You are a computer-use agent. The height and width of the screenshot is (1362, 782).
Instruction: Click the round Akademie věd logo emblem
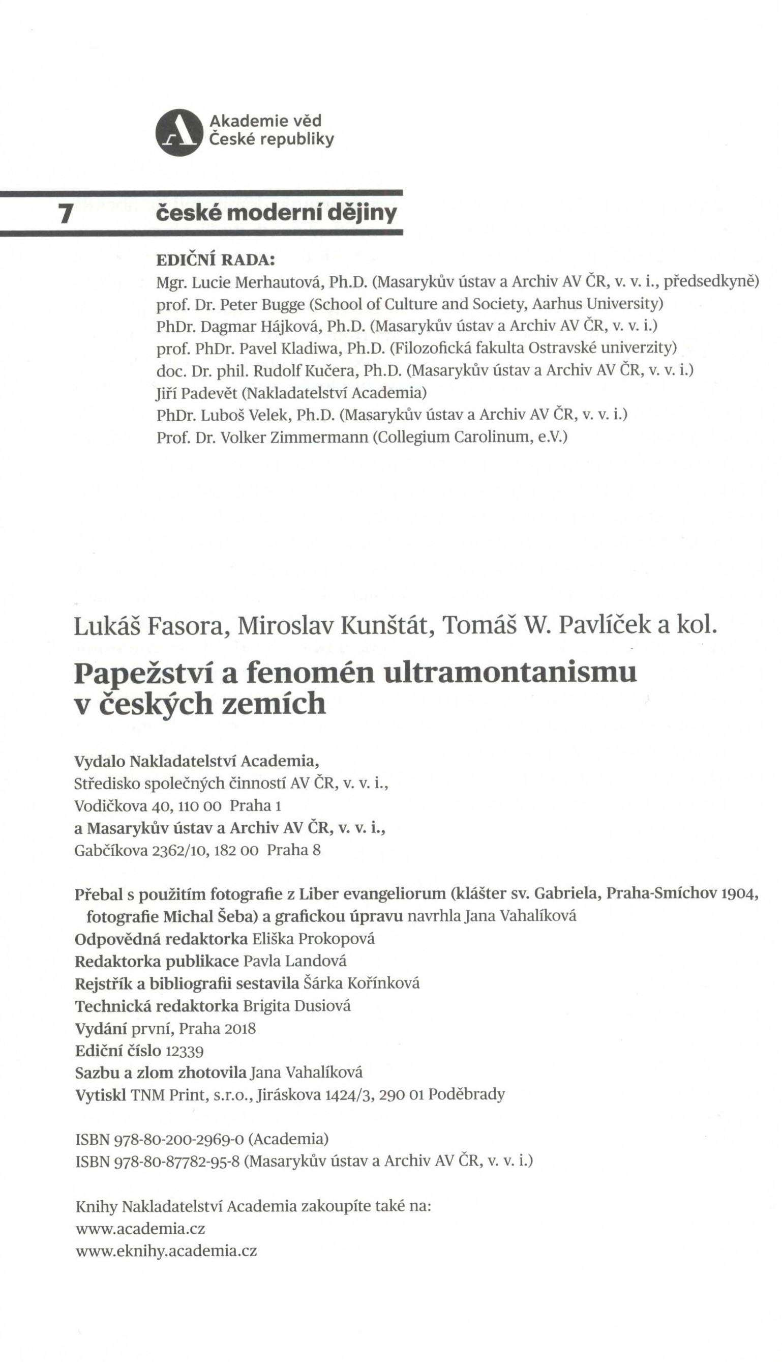(179, 132)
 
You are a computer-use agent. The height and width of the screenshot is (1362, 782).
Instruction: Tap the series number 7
(65, 214)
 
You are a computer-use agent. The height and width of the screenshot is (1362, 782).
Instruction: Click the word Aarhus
(557, 304)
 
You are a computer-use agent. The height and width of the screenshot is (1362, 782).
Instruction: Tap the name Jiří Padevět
(197, 393)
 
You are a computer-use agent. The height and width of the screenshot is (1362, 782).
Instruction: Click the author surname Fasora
(189, 625)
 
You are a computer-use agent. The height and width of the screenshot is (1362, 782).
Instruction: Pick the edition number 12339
(185, 1051)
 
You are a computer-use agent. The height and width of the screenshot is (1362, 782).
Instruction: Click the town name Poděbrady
(467, 1094)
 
